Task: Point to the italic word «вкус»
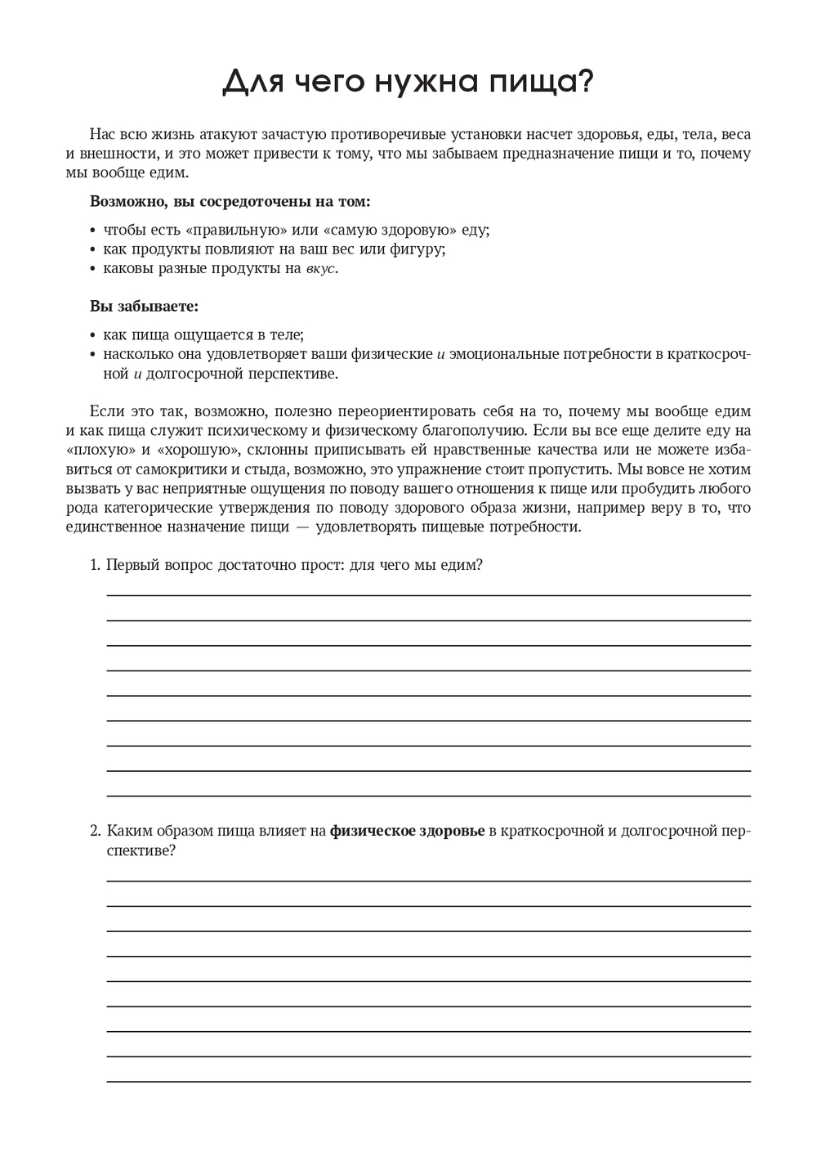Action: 320,269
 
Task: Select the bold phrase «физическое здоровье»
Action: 407,831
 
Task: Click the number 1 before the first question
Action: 94,566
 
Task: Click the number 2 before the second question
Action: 94,831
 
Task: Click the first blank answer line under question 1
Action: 429,595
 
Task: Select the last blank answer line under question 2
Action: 429,1081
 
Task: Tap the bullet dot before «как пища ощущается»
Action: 93,335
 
